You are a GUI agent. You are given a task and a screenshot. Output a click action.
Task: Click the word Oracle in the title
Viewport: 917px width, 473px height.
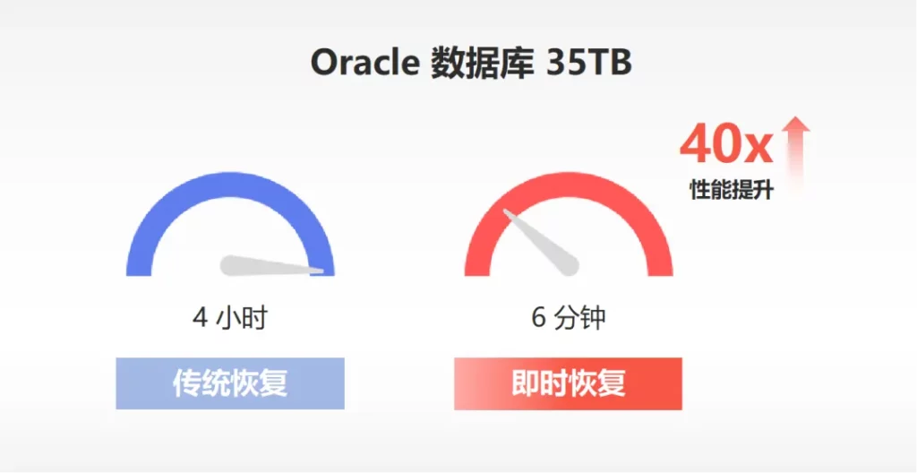(364, 61)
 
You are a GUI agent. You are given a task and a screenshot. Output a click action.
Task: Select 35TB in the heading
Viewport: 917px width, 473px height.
(588, 61)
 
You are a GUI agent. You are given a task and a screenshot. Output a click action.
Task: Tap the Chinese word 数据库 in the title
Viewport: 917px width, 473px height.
(482, 61)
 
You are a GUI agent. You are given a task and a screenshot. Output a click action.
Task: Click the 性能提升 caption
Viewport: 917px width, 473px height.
(733, 189)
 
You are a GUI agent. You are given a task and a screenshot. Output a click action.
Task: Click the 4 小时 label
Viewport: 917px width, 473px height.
(229, 319)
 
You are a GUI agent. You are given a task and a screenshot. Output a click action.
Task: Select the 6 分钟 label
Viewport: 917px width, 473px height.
(569, 319)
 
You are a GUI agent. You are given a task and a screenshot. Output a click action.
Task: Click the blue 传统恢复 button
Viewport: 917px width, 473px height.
(230, 383)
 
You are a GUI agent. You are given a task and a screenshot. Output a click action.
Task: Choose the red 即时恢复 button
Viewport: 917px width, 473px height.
(568, 383)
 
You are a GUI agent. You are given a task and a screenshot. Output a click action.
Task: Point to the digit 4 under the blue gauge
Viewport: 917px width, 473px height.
(200, 319)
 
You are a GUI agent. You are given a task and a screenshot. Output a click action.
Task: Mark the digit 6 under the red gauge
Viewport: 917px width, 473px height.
(538, 319)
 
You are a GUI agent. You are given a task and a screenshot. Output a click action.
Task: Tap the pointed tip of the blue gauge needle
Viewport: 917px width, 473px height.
(323, 271)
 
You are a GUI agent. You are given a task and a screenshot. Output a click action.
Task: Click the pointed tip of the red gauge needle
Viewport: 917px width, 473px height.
(505, 211)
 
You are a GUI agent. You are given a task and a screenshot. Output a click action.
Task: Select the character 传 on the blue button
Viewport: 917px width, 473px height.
(186, 383)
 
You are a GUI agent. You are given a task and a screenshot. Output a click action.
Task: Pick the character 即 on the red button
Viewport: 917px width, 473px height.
(525, 383)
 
